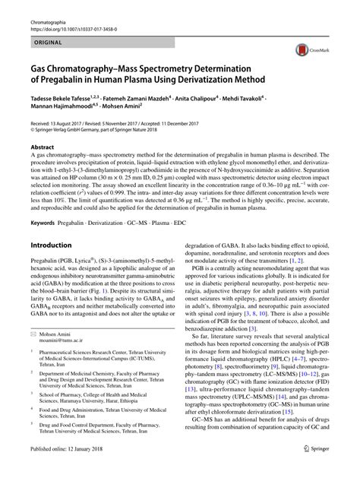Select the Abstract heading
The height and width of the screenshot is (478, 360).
42,147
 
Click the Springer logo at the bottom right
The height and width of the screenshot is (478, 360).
333,470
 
